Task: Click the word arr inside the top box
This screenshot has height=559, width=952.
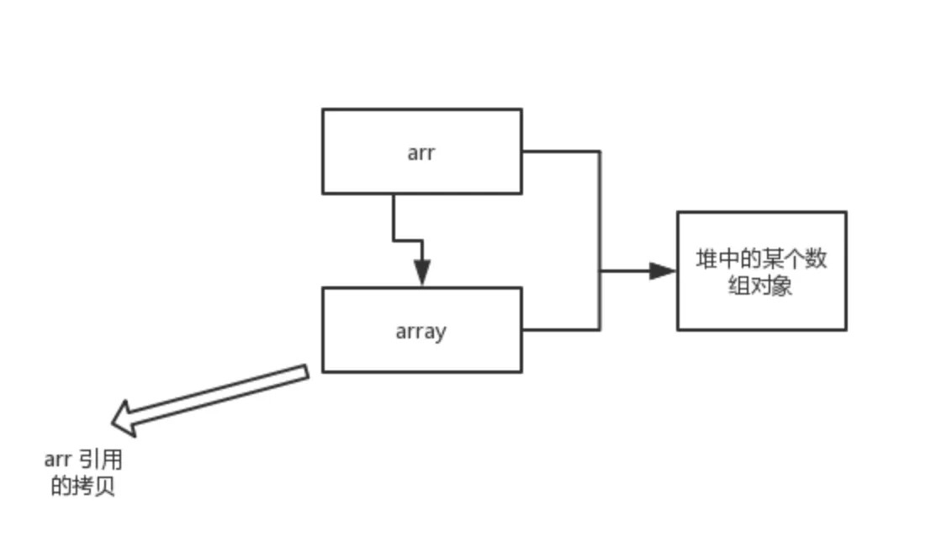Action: pos(420,153)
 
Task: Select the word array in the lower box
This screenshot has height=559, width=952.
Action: pos(420,332)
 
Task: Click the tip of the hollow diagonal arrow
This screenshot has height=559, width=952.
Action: pos(114,420)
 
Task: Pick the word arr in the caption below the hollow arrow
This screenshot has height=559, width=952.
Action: pos(57,460)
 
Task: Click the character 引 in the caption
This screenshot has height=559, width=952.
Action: pos(89,460)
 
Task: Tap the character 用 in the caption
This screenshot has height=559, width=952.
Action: pos(112,460)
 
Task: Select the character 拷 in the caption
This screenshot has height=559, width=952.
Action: pos(82,487)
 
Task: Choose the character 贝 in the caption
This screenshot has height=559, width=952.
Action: pos(104,487)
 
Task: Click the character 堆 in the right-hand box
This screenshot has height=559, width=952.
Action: pos(706,259)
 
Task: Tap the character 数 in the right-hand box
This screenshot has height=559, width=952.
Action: pos(816,259)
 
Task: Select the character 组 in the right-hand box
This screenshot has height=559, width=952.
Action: pos(738,286)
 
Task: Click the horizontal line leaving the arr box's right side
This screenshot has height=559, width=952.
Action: pos(560,152)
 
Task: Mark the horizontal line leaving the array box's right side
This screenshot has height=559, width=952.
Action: pos(560,329)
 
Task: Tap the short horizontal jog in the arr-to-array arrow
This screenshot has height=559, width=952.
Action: pos(408,241)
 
